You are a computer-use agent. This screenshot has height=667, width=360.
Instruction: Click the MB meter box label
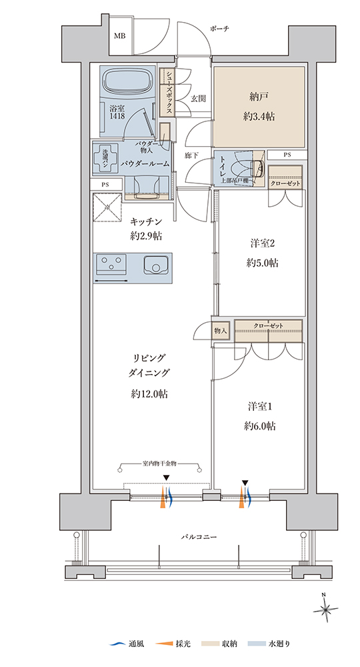(119, 36)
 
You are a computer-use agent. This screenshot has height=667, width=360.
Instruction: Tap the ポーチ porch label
(220, 29)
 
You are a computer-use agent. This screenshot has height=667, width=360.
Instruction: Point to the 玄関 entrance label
(198, 99)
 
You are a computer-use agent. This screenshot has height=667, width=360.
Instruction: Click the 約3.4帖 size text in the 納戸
(259, 117)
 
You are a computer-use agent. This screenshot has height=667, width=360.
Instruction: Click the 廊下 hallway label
(192, 155)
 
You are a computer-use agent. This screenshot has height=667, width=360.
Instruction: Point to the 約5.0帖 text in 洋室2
(262, 263)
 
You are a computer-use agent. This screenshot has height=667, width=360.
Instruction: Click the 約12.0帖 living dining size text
(149, 394)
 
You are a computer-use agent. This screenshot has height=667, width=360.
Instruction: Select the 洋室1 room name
(260, 407)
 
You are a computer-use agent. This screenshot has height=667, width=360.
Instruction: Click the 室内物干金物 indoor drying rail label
(159, 463)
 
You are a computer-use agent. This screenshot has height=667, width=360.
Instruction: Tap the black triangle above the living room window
(166, 478)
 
